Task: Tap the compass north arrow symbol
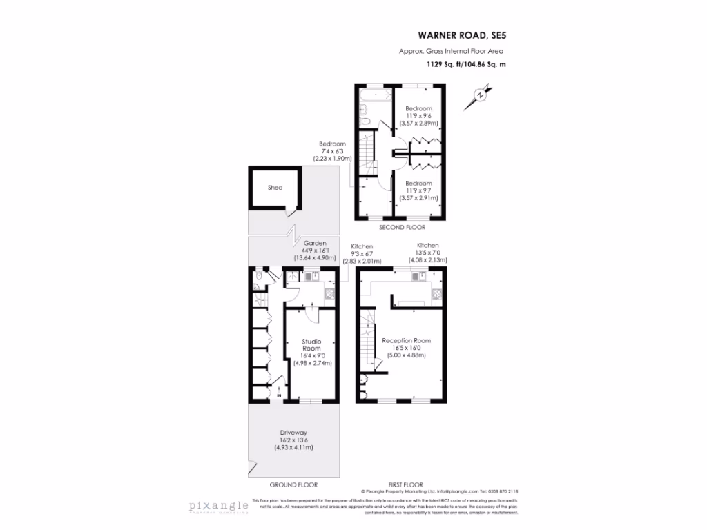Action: click(x=478, y=96)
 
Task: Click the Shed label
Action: click(x=275, y=187)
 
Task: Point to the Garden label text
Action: click(x=314, y=244)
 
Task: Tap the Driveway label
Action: click(x=293, y=432)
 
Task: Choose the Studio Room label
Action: click(x=311, y=345)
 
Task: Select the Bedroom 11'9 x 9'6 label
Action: click(x=418, y=109)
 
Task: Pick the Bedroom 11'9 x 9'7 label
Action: click(x=418, y=184)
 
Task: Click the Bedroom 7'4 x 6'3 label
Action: click(x=332, y=144)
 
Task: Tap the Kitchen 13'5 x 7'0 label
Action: click(x=427, y=246)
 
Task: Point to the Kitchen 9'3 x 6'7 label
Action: click(x=362, y=247)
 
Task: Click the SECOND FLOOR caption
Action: click(x=403, y=227)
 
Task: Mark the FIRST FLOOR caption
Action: click(x=407, y=484)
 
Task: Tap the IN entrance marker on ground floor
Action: click(x=278, y=396)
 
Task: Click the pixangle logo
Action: click(x=219, y=506)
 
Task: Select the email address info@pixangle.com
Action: click(x=445, y=491)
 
